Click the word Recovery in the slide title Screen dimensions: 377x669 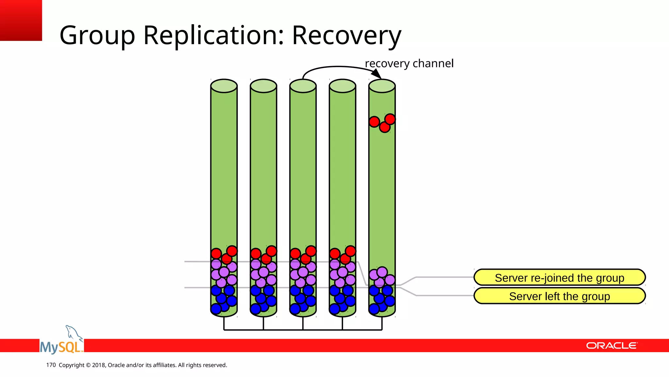click(x=346, y=35)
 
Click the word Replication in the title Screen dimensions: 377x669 click(x=214, y=35)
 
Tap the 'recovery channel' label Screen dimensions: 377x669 click(x=409, y=63)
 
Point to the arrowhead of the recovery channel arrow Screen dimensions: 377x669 click(x=377, y=74)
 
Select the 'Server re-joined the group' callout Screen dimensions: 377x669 click(x=559, y=278)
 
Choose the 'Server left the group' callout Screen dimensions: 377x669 click(x=559, y=296)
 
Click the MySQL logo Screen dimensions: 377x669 click(x=61, y=346)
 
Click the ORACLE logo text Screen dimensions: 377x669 click(x=611, y=346)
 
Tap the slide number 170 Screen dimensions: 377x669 click(x=51, y=365)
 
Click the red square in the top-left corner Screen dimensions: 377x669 click(x=21, y=20)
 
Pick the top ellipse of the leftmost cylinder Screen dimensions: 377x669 click(x=224, y=86)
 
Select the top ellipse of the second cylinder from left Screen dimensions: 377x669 click(x=263, y=86)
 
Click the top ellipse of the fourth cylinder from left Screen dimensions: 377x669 click(x=342, y=86)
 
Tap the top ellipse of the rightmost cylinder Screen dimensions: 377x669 click(x=382, y=86)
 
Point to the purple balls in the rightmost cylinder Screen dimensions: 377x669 click(x=382, y=277)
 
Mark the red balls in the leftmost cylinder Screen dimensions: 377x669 click(x=224, y=255)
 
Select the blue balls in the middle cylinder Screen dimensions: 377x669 click(x=302, y=299)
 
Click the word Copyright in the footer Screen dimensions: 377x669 click(x=72, y=365)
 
